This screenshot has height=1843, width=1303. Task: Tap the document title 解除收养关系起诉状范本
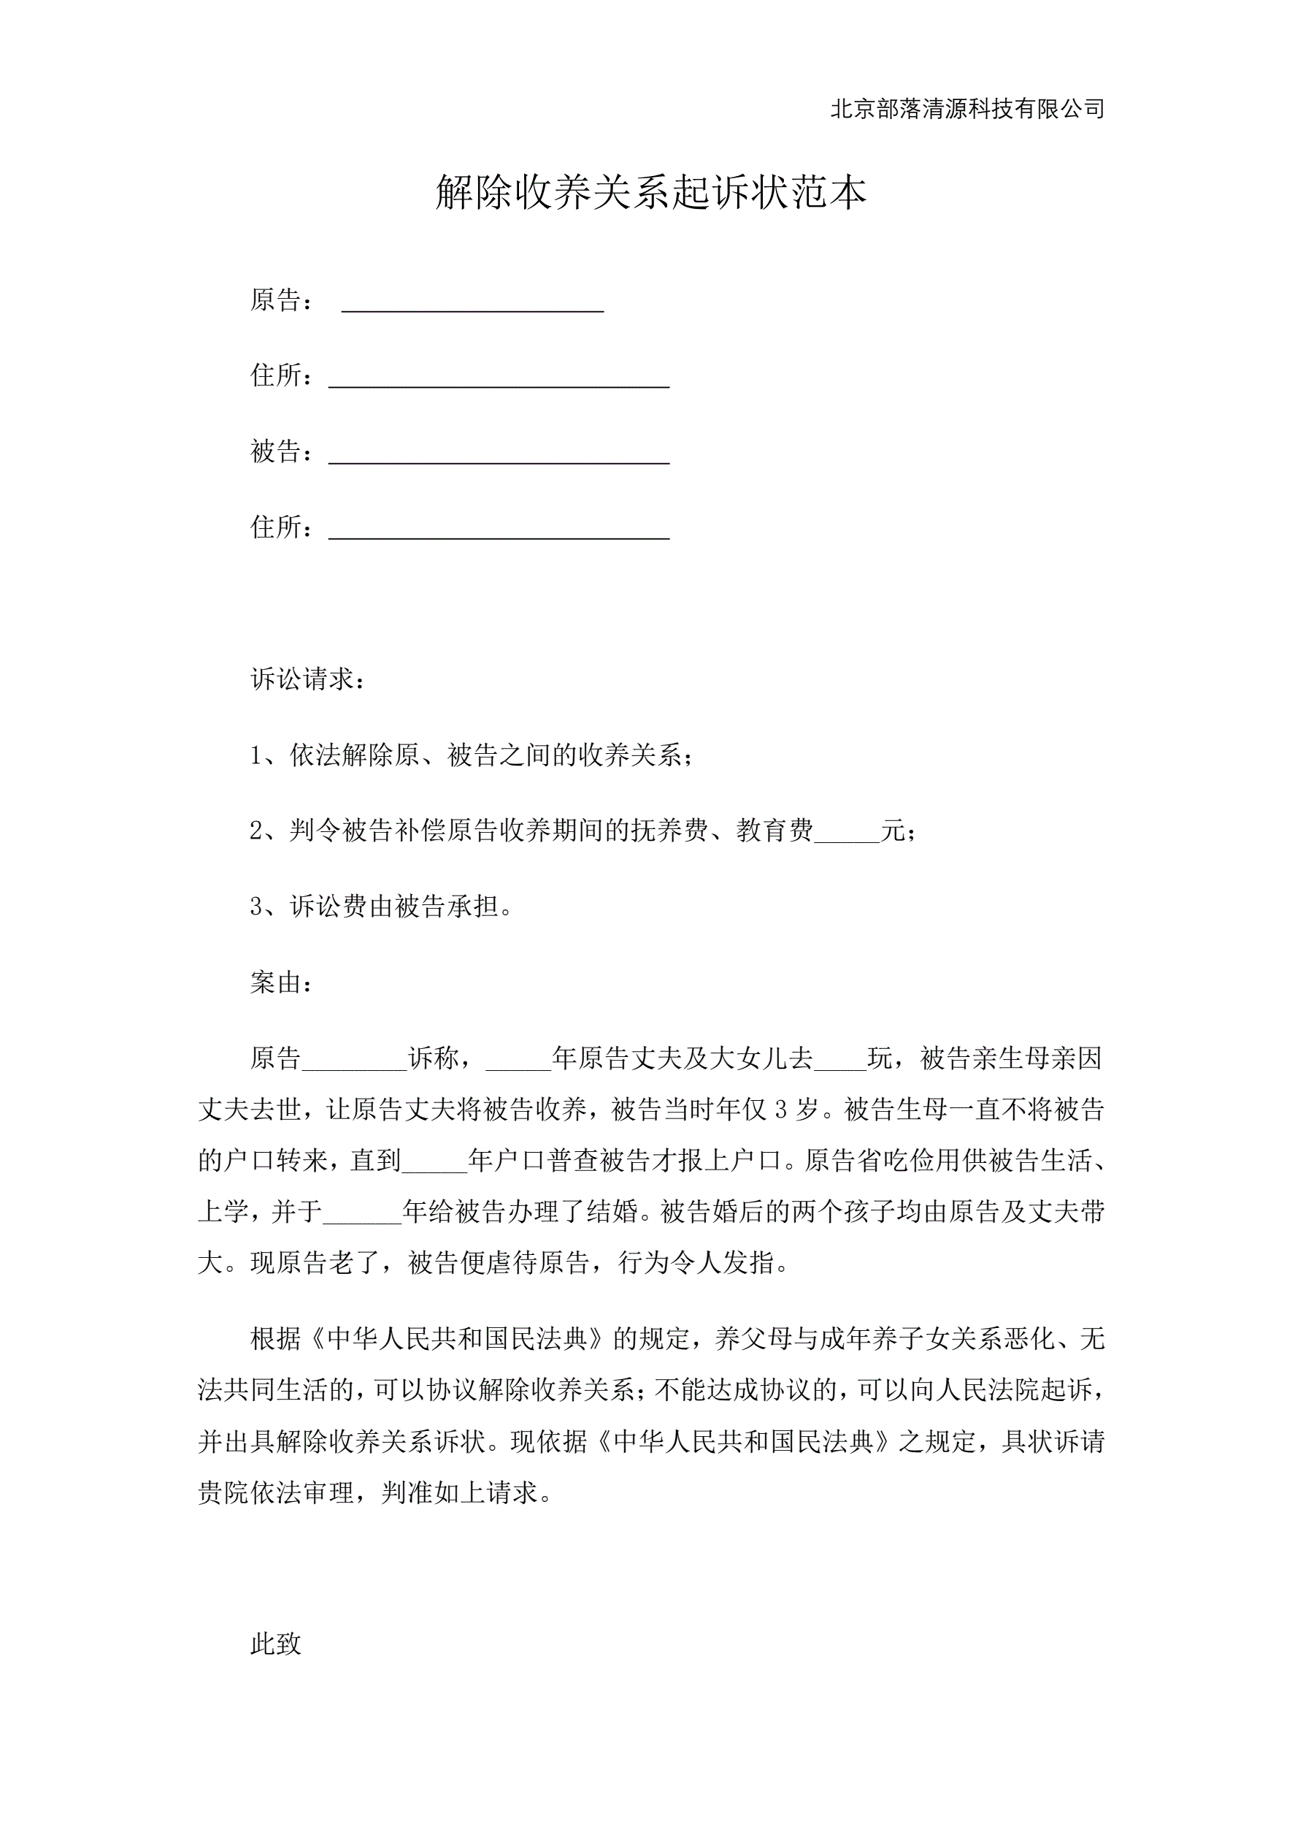(x=650, y=193)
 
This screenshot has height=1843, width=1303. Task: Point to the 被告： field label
(x=282, y=452)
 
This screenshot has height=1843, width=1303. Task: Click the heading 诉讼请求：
(x=309, y=680)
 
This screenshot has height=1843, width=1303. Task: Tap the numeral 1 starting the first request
(x=256, y=756)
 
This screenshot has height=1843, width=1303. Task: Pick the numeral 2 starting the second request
(x=256, y=831)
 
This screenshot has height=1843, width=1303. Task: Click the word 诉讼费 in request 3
(x=328, y=907)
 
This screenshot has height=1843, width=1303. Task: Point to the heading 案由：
(x=282, y=983)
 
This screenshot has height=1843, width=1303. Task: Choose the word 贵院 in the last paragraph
(x=224, y=1492)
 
